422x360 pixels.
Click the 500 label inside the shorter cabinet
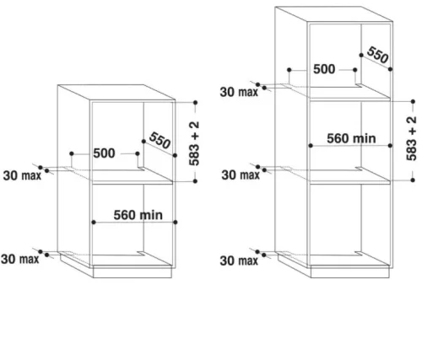coord(104,153)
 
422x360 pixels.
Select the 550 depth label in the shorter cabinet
coord(160,140)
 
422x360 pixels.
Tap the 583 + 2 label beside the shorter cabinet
coord(194,143)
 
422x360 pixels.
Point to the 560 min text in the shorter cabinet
coord(138,215)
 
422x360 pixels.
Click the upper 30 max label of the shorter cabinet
coord(22,175)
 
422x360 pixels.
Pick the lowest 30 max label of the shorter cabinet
coord(20,259)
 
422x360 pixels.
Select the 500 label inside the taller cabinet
coord(324,69)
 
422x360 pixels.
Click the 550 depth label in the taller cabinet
coord(378,55)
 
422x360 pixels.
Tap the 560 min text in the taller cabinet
coord(351,138)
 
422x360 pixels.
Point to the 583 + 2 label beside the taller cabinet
coord(411,138)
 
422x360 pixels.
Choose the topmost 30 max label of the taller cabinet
coord(239,92)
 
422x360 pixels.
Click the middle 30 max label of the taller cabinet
coord(241,175)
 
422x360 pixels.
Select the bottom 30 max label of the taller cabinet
coord(239,261)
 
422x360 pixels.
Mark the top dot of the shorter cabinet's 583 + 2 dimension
coord(195,103)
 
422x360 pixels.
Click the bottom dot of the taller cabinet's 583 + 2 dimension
coord(413,180)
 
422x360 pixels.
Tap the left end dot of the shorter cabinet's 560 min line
coord(94,223)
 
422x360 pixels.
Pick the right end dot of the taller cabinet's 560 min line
coord(390,145)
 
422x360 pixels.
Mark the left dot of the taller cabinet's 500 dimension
coord(289,70)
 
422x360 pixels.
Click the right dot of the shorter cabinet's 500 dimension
coord(138,153)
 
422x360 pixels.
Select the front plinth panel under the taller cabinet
coord(350,272)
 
